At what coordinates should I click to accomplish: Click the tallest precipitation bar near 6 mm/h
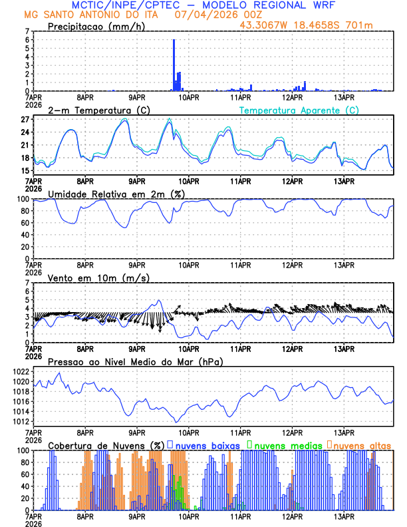[174, 65]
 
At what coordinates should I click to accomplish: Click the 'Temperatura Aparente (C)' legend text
[299, 110]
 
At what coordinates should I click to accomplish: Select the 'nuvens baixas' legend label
[207, 444]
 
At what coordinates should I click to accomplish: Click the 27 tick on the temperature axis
[25, 120]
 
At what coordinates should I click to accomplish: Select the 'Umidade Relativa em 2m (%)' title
[116, 194]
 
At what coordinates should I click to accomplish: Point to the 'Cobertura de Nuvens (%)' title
[106, 444]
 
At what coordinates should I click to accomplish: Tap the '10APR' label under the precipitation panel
[188, 97]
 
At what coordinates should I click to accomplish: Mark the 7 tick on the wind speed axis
[27, 283]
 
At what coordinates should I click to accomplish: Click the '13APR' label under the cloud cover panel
[344, 516]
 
